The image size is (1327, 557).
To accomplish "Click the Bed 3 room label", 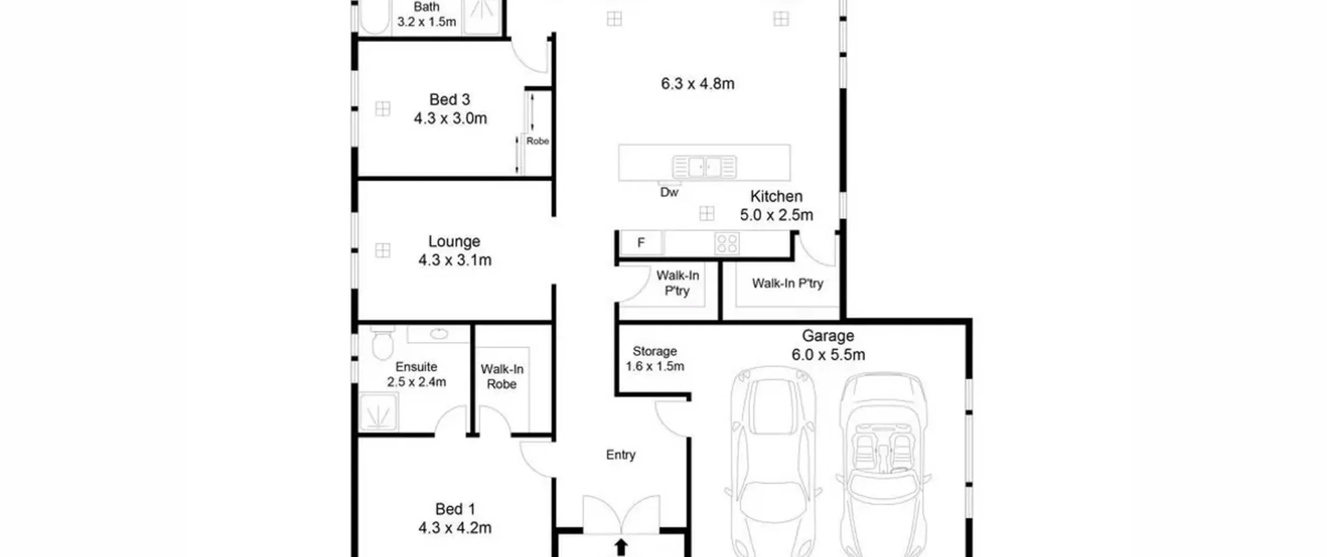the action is click(x=449, y=99).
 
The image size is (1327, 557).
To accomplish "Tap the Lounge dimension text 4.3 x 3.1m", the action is click(x=455, y=260).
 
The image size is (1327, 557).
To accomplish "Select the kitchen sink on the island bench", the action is click(x=704, y=167).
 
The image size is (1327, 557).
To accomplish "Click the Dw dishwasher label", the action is click(x=669, y=192).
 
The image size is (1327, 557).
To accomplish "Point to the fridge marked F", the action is click(x=641, y=242).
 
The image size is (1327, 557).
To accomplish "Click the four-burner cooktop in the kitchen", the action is click(x=727, y=243).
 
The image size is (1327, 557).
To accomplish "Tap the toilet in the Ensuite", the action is click(x=383, y=342).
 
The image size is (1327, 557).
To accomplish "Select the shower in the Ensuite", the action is click(x=378, y=412).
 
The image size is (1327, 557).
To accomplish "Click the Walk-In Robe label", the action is click(x=502, y=377).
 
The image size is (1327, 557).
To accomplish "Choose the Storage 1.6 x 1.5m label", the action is click(x=655, y=359).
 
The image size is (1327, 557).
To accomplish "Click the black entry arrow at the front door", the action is click(x=621, y=548).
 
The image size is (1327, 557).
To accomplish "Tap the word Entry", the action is click(x=620, y=455).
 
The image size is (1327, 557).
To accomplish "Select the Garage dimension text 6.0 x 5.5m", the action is click(x=828, y=355).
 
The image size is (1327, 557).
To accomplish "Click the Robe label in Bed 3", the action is click(x=538, y=141).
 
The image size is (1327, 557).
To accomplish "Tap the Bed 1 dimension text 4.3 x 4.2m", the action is click(x=455, y=528).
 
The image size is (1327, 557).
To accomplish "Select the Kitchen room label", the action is click(x=776, y=196).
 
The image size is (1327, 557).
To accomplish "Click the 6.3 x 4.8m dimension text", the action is click(x=697, y=84).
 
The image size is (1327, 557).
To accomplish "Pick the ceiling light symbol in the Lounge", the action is click(x=383, y=250).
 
